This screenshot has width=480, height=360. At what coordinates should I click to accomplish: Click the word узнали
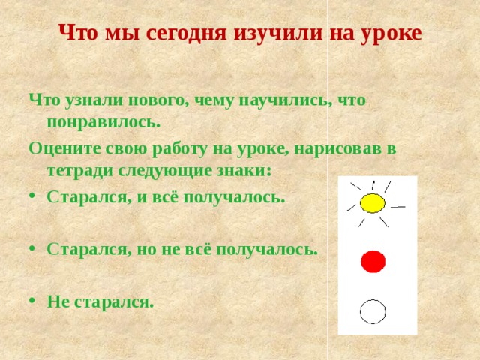pyautogui.click(x=89, y=100)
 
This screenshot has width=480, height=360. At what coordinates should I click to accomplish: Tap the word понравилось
pyautogui.click(x=103, y=121)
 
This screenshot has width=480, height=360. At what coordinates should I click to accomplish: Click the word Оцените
pyautogui.click(x=64, y=148)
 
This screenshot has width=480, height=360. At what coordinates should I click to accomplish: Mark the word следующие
pyautogui.click(x=163, y=170)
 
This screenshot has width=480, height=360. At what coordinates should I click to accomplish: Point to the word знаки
pyautogui.click(x=244, y=170)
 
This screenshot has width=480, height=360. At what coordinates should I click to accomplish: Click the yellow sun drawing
pyautogui.click(x=371, y=203)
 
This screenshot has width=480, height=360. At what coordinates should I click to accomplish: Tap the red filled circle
pyautogui.click(x=373, y=262)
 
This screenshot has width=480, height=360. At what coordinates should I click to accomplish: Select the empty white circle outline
pyautogui.click(x=373, y=310)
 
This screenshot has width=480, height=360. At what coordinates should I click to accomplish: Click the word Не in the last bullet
pyautogui.click(x=58, y=301)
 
